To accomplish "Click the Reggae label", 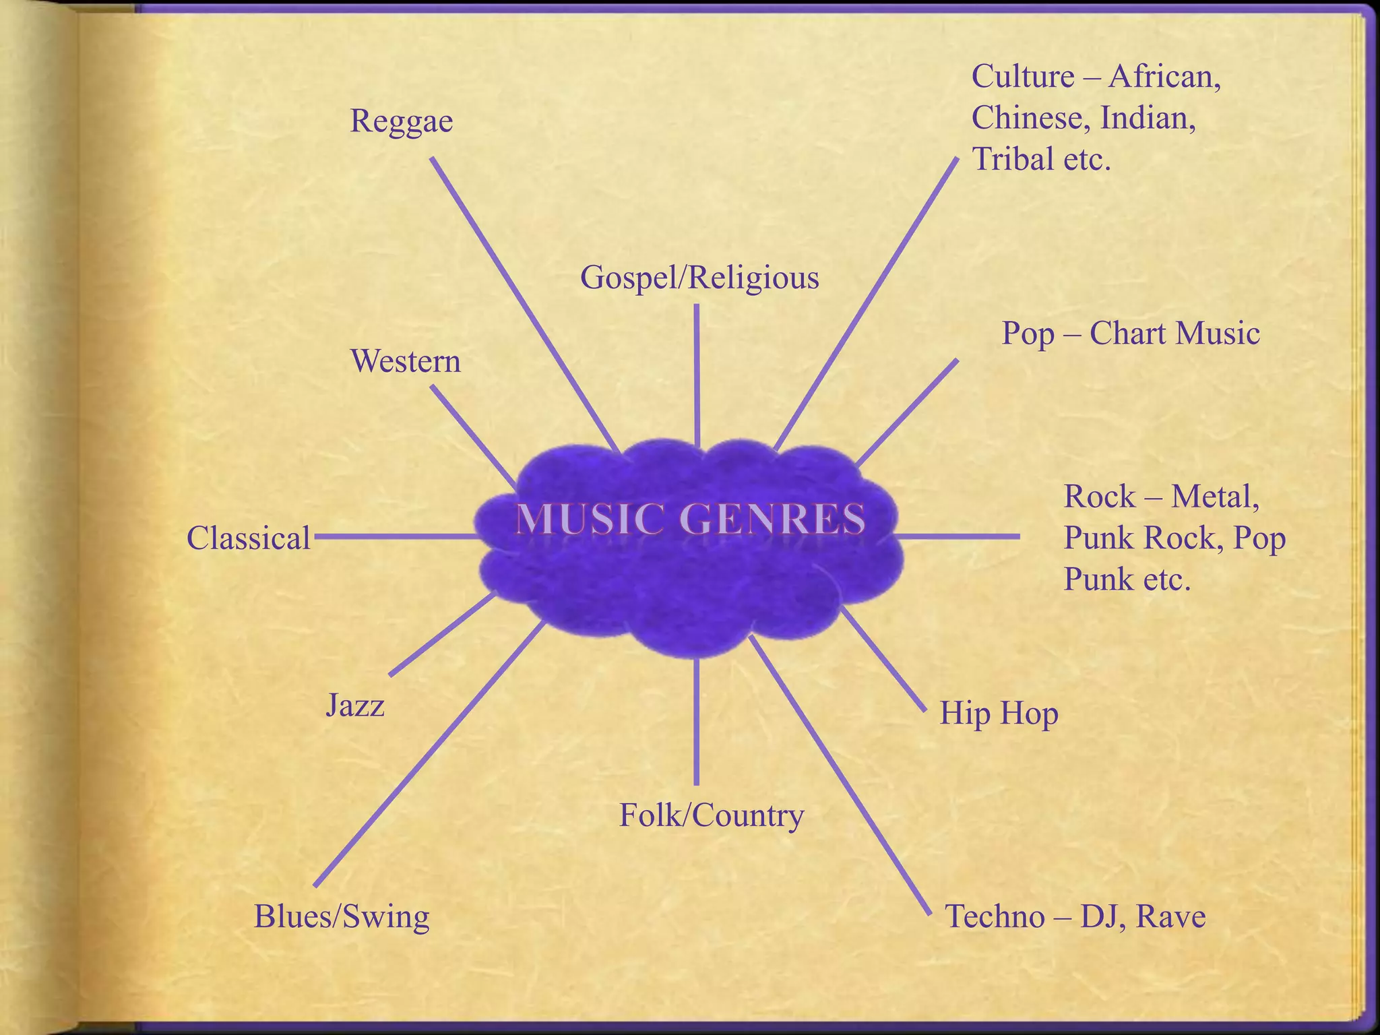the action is [402, 122].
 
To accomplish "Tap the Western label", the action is [406, 361].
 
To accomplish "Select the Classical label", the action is [249, 538].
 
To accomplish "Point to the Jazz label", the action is [355, 705].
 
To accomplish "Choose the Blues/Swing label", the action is [342, 917].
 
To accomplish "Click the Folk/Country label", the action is [712, 816].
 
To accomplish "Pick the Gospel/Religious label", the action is [699, 278].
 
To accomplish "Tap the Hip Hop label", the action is [999, 714].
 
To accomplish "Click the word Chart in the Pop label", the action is [1123, 334].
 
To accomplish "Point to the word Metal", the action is [1215, 497].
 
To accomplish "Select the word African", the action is [1164, 77].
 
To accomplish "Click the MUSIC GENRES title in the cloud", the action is [691, 520].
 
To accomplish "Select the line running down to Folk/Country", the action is [696, 721].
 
